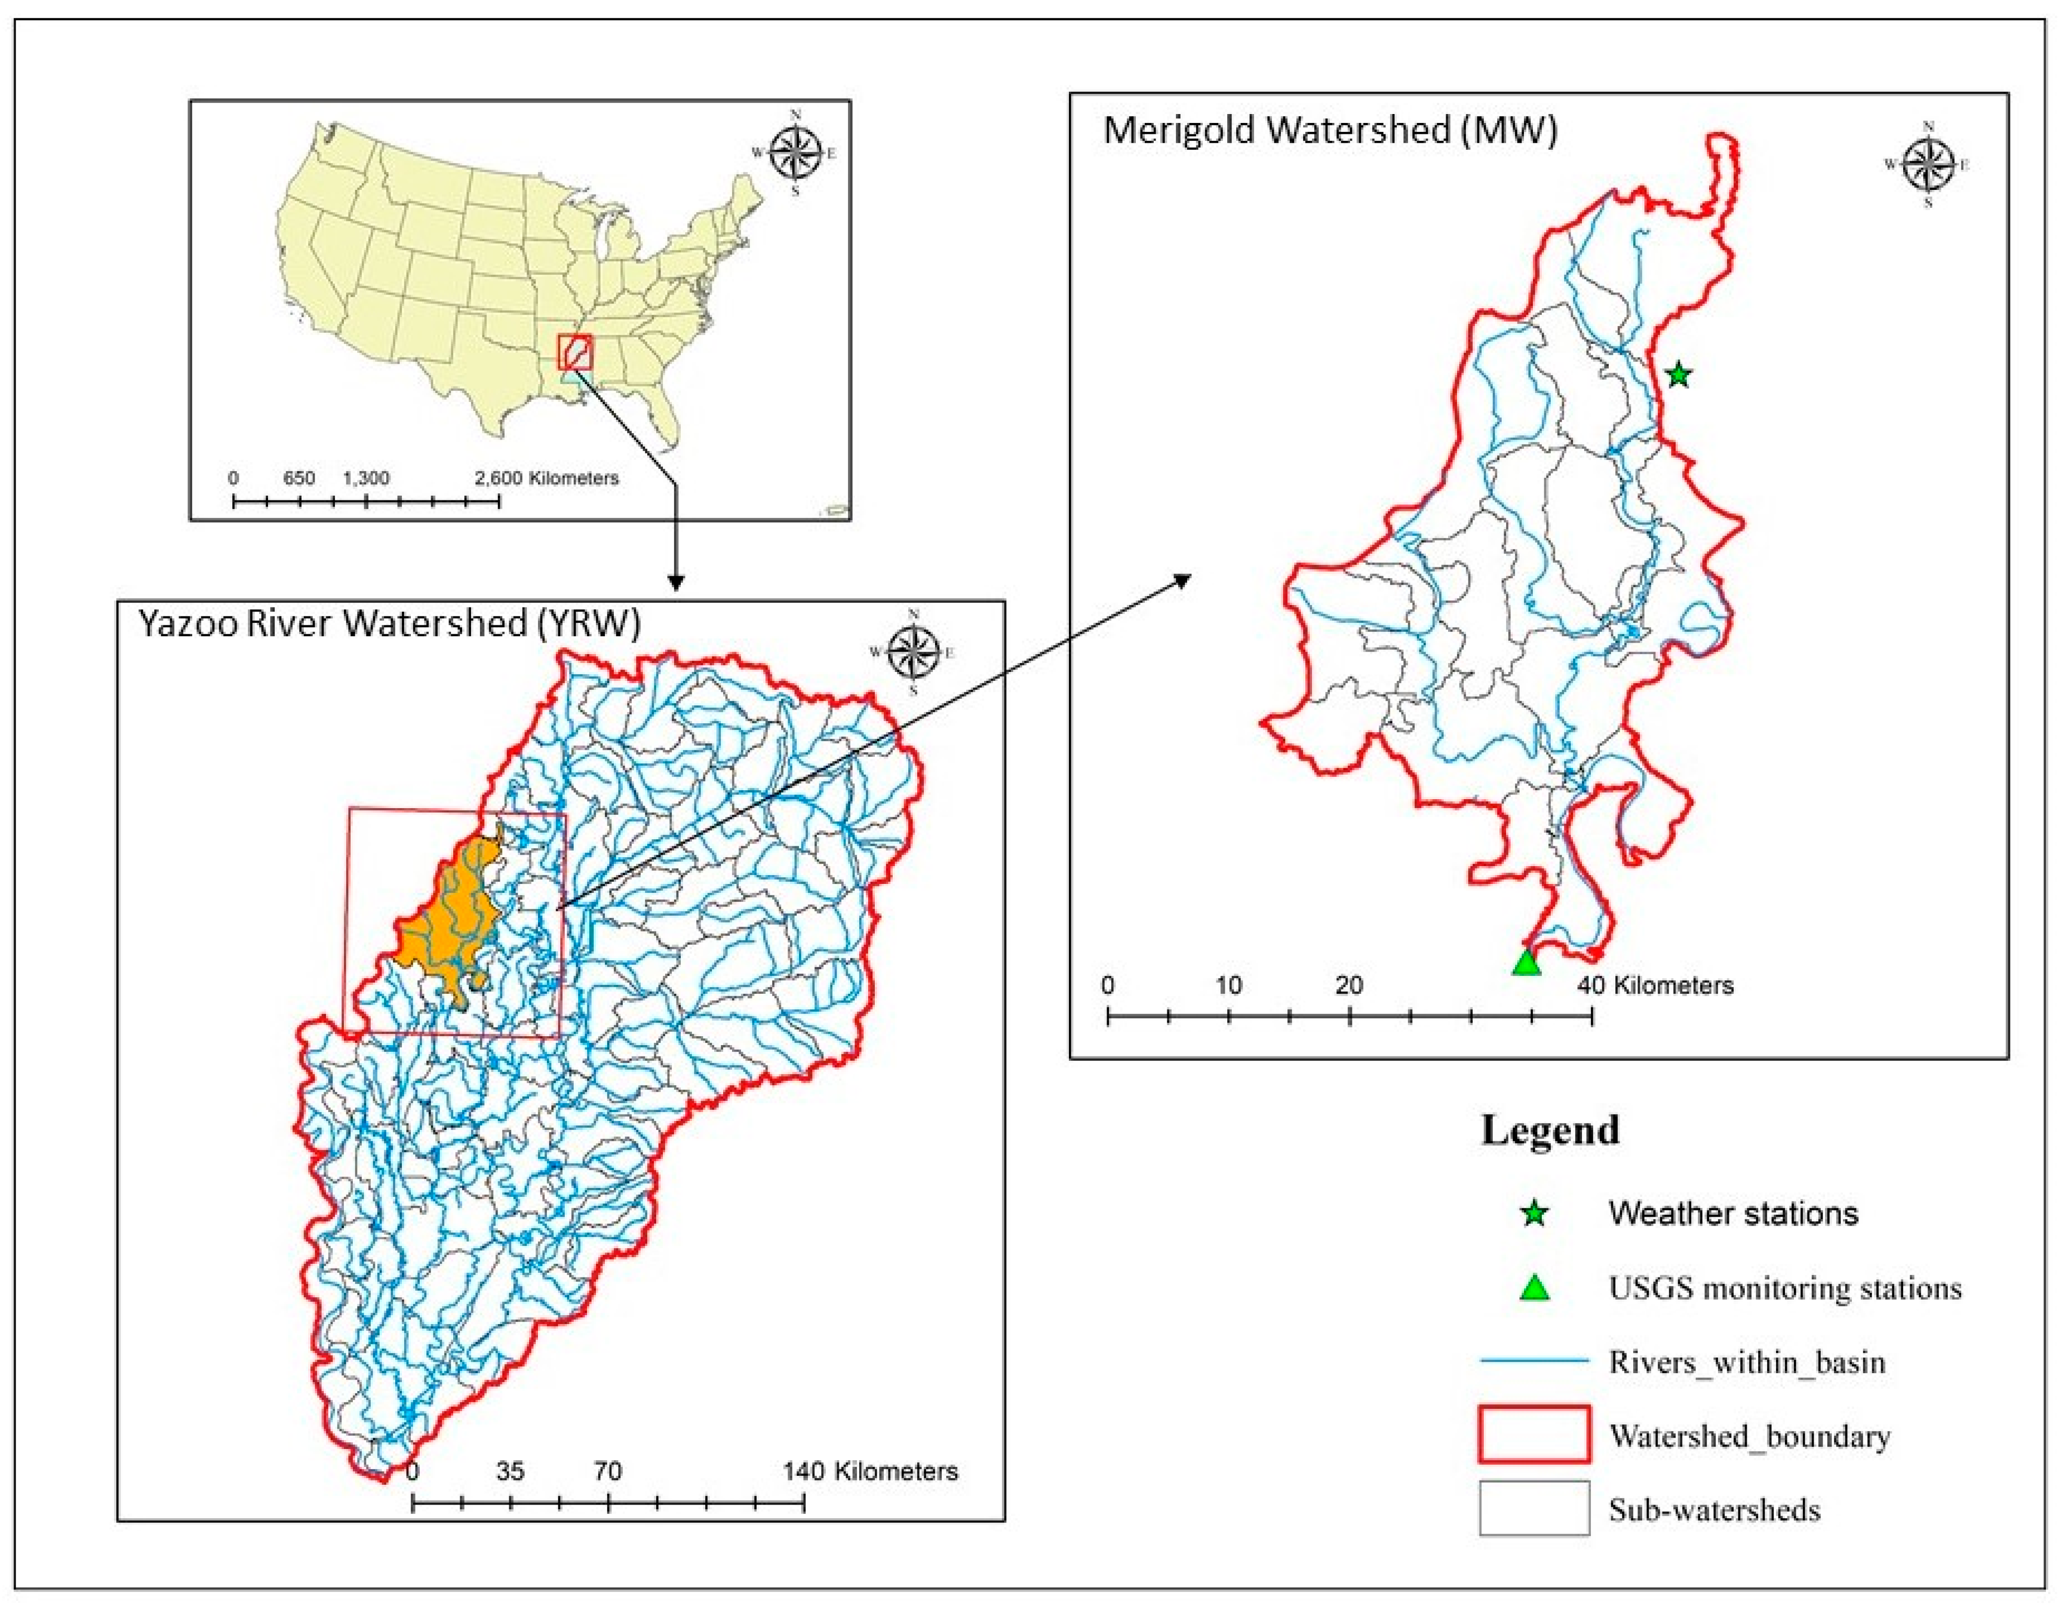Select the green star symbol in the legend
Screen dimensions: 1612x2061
(x=1534, y=1213)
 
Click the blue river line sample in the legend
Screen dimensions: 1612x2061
(x=1534, y=1361)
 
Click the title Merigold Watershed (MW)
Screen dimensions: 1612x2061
(x=1330, y=130)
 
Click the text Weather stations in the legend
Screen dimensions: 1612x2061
(x=1733, y=1213)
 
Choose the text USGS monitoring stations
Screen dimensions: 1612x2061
(x=1784, y=1288)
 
